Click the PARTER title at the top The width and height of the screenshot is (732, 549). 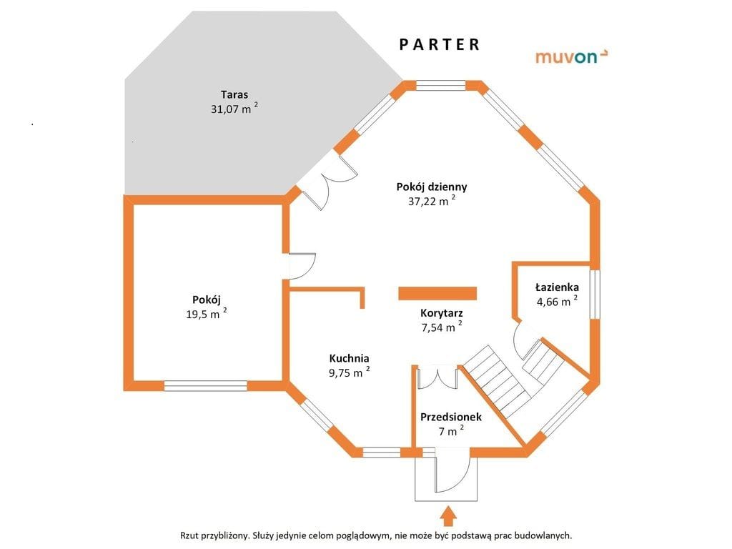point(440,44)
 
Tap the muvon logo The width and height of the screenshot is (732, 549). point(572,56)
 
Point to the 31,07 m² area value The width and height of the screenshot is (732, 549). point(234,109)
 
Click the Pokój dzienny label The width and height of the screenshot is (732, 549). point(432,187)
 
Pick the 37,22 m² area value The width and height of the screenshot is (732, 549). point(432,202)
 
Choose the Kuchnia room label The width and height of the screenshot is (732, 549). point(349,357)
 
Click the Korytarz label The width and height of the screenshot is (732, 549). point(442,313)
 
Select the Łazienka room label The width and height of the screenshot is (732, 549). point(557,287)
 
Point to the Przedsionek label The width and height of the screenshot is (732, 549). point(451,417)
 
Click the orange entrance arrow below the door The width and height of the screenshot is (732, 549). point(447,515)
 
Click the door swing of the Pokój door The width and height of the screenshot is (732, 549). point(302,266)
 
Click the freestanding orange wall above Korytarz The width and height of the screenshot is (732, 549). point(437,293)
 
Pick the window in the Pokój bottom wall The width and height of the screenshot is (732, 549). point(206,385)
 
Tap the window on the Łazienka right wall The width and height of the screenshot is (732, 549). point(595,293)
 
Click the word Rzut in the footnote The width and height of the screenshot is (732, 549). point(192,535)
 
